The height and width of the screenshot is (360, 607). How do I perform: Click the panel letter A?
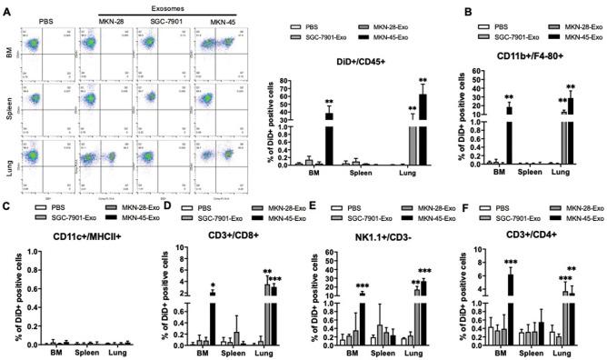(x=7, y=7)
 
